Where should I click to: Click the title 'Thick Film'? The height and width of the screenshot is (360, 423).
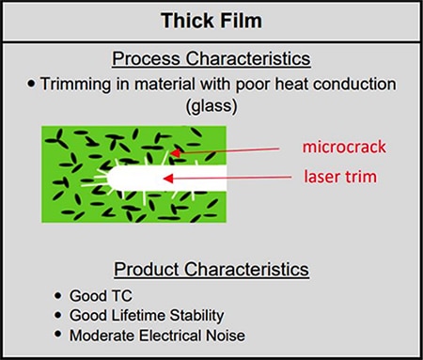[211, 20]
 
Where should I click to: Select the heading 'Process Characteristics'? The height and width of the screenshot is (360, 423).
[212, 58]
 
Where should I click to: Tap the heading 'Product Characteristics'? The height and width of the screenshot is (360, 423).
[212, 271]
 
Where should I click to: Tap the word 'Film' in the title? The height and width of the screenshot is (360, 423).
[242, 20]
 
